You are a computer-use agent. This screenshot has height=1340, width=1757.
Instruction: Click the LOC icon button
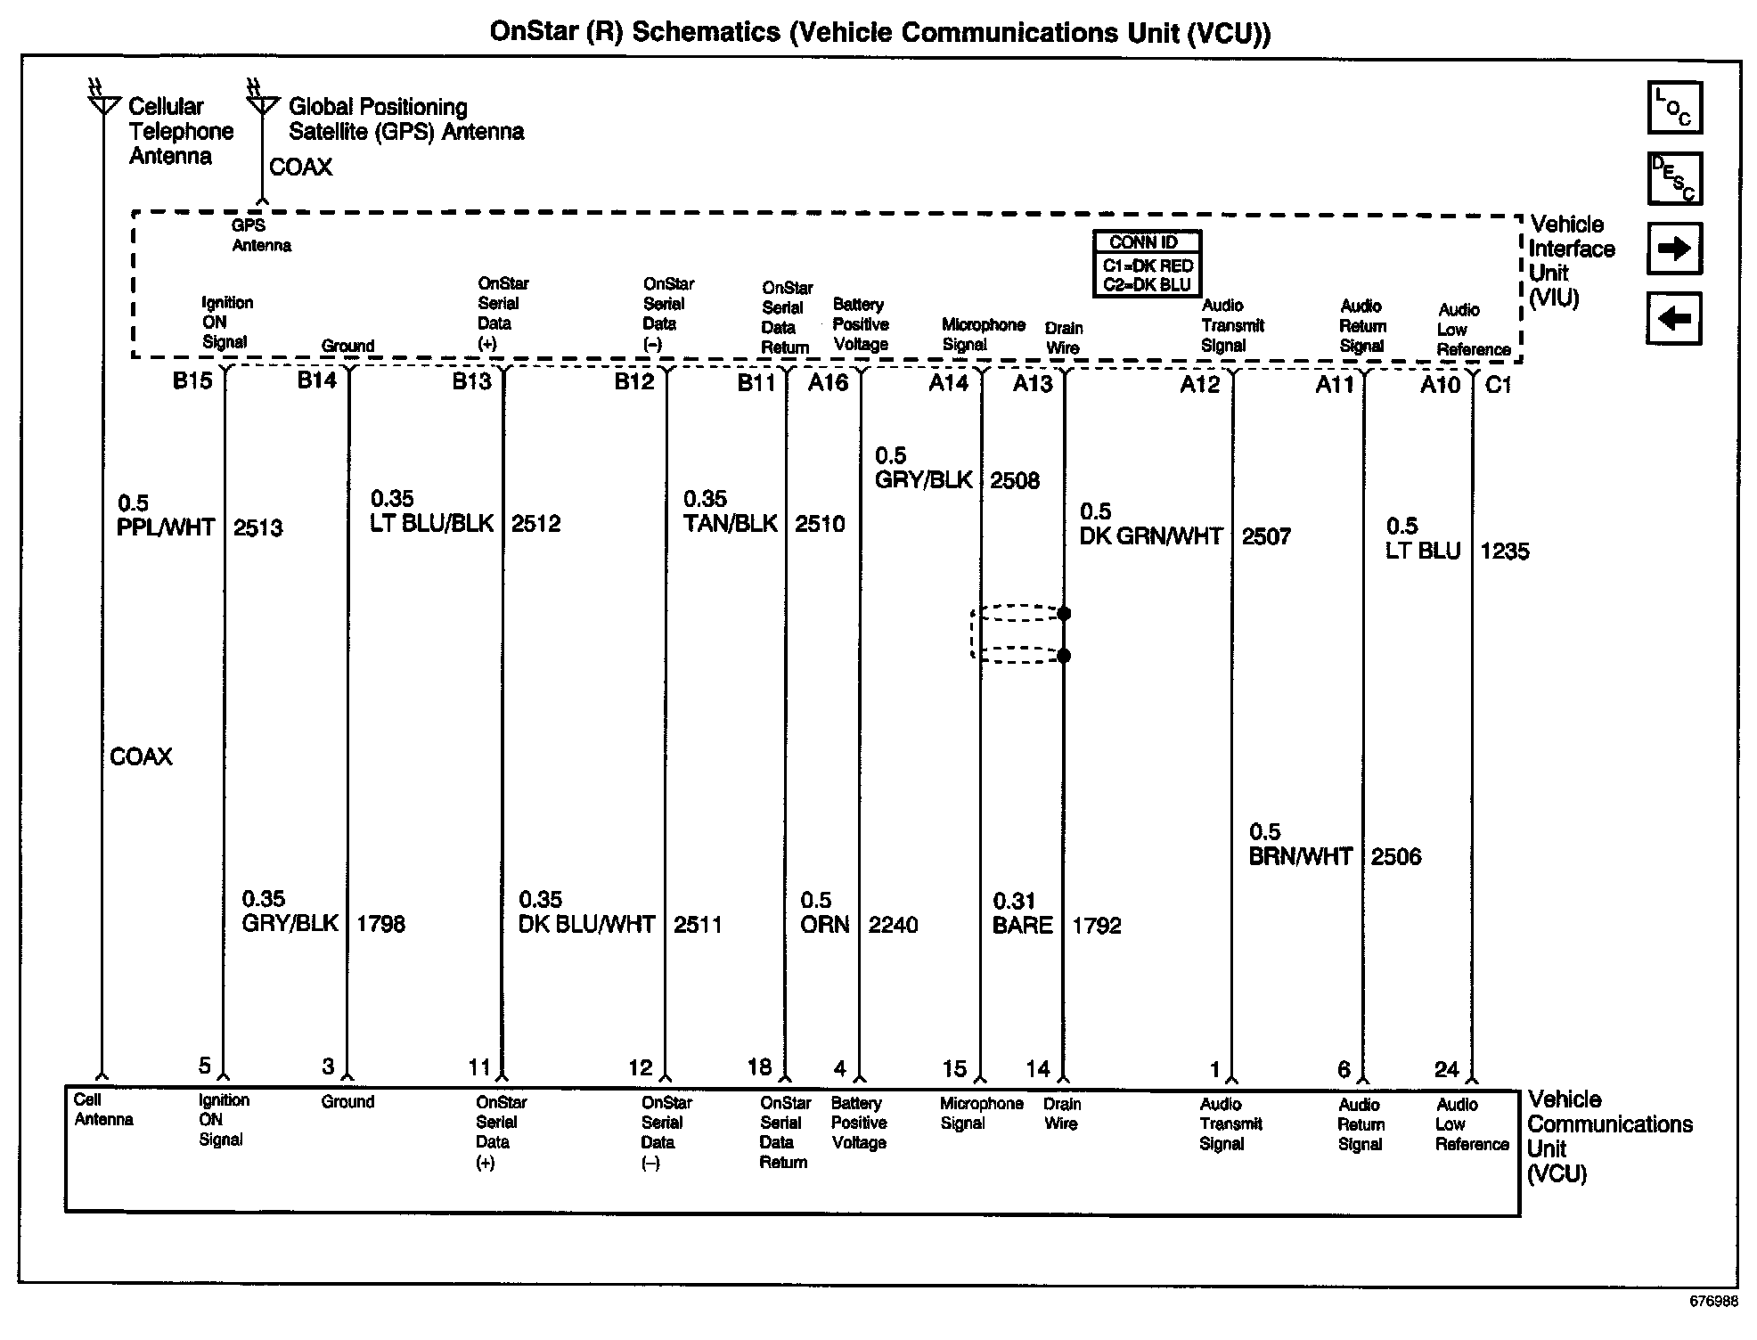tap(1674, 108)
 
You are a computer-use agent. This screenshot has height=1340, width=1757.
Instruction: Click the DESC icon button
tap(1674, 178)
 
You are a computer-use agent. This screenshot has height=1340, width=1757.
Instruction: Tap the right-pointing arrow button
tap(1674, 249)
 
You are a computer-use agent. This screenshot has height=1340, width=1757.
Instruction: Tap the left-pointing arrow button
tap(1674, 318)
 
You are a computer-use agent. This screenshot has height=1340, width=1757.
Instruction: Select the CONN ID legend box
tap(1148, 264)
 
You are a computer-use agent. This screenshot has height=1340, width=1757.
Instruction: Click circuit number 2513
tap(258, 527)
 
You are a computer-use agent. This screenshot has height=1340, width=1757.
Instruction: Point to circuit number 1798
tap(380, 924)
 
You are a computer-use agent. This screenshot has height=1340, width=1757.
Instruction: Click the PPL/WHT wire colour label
tap(166, 527)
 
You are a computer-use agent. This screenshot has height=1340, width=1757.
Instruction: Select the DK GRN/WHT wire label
tap(1150, 536)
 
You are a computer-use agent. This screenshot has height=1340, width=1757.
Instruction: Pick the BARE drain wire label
tap(1022, 925)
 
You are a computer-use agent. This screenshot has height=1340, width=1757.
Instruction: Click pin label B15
tap(192, 381)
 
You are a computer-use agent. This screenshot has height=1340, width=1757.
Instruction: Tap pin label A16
tap(828, 383)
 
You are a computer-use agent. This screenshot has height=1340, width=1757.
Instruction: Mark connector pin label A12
tap(1199, 384)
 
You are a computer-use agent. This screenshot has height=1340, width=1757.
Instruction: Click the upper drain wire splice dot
tap(1064, 614)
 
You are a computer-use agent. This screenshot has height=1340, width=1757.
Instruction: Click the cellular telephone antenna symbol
tap(102, 101)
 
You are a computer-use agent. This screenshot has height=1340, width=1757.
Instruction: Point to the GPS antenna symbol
tap(262, 101)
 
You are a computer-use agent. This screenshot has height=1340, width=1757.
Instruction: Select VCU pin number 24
tap(1446, 1069)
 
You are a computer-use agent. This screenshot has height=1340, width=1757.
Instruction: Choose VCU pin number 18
tap(759, 1066)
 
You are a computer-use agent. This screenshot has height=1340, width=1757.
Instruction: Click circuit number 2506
tap(1396, 856)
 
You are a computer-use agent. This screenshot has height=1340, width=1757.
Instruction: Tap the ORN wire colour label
tap(824, 925)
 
